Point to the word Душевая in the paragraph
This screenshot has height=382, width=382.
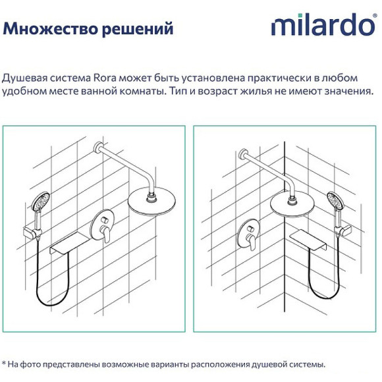click(x=25, y=77)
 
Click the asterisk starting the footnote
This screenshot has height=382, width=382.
click(x=4, y=363)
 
